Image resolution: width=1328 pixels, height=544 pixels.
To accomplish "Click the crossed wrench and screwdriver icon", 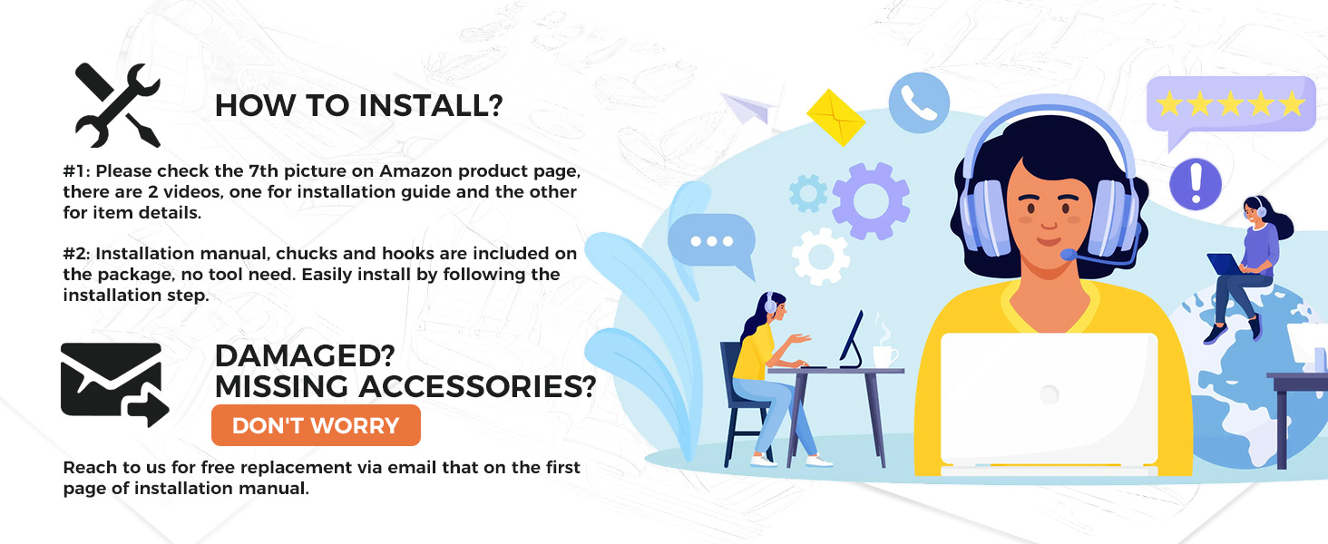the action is pos(117,105).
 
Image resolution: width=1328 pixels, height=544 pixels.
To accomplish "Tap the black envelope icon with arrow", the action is pos(114,384).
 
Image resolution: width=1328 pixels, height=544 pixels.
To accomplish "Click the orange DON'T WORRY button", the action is pos(316,425).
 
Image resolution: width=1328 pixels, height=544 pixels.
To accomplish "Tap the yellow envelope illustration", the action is pos(836,117).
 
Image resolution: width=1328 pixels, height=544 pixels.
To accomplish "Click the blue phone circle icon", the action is pos(919,102).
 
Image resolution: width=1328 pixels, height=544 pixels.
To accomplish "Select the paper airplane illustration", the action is pos(748,108).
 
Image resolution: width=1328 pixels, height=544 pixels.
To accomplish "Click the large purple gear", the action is pos(870,201).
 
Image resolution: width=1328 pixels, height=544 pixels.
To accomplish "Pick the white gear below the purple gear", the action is pos(821,257).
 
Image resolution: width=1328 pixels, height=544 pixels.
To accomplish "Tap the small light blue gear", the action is pos(808,193).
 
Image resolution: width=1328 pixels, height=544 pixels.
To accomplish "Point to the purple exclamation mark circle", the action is pos(1196,184).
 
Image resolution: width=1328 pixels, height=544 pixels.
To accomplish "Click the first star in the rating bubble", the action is pos(1169,103).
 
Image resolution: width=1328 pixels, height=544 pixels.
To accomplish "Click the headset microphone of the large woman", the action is pos(1069,255).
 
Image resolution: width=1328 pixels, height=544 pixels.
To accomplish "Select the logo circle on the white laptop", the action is pos(1050,394).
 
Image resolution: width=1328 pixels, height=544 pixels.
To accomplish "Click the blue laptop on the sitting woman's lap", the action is pos(1225,265).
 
